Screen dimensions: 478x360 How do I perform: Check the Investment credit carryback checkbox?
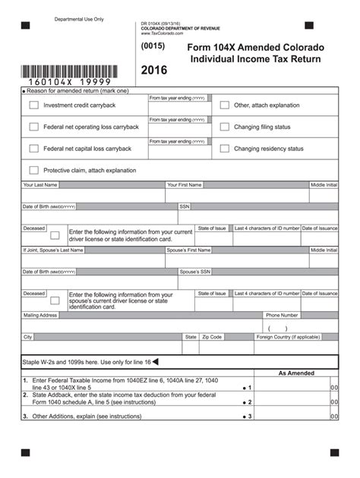(x=33, y=105)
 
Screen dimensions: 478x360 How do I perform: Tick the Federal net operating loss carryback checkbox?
(x=33, y=127)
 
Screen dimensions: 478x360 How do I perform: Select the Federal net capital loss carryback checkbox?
(x=33, y=149)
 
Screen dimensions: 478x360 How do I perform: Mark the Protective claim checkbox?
(x=33, y=170)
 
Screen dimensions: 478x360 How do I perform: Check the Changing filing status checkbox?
(x=224, y=127)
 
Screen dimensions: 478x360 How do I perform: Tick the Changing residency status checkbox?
(x=224, y=149)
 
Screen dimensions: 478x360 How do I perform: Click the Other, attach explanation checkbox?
(x=224, y=105)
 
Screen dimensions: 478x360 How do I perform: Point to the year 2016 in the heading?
(x=154, y=71)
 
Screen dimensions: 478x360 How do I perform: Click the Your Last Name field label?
(x=40, y=185)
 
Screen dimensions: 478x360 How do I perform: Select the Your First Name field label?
(x=185, y=185)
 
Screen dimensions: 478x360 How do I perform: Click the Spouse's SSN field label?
(x=195, y=272)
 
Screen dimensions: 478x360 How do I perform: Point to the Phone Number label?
(x=282, y=315)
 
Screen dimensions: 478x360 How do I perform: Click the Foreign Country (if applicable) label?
(x=288, y=336)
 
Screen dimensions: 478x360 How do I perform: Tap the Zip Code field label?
(x=212, y=336)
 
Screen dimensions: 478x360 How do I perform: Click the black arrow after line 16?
(x=156, y=362)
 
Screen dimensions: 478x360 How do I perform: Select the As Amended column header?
(x=296, y=373)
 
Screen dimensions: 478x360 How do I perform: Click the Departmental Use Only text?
(x=77, y=18)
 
